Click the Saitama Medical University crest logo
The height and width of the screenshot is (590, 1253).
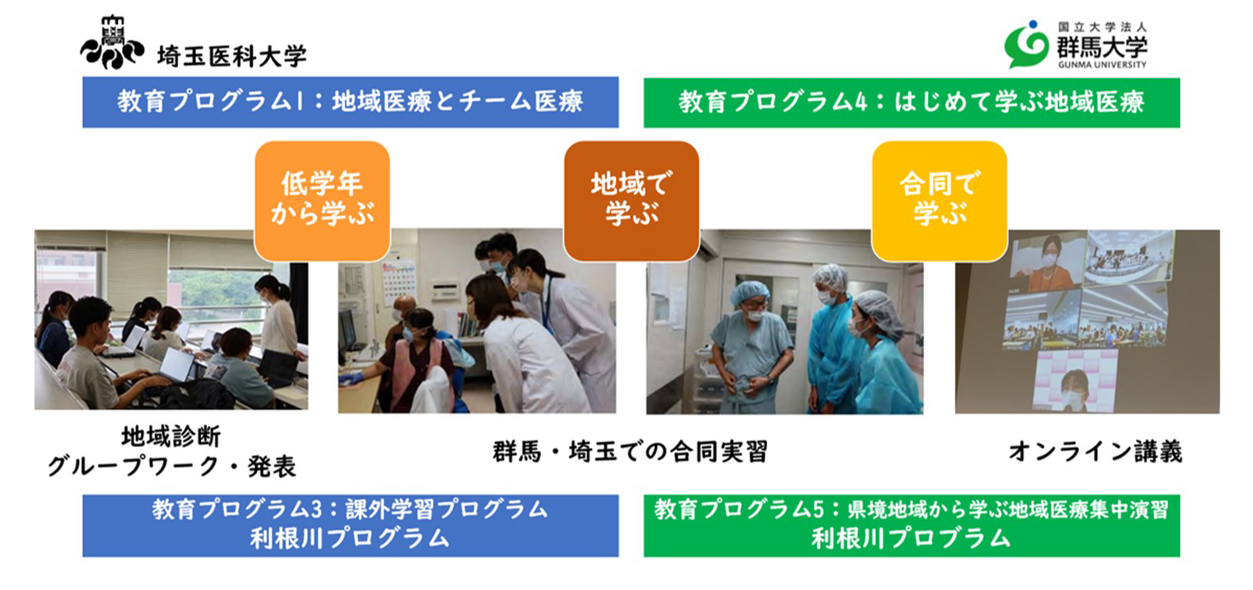[112, 42]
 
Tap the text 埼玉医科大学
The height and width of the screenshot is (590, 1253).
[232, 56]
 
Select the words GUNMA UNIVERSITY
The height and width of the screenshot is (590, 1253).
[1102, 65]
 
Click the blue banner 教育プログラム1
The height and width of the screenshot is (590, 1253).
[350, 102]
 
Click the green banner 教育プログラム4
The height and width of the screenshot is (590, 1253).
[912, 103]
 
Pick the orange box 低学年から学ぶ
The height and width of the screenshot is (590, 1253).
[323, 201]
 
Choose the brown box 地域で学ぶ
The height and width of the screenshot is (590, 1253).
[631, 201]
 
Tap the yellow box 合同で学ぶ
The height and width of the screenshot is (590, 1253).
[939, 201]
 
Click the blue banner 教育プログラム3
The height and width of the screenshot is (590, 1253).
[350, 526]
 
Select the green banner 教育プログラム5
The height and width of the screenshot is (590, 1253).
[912, 526]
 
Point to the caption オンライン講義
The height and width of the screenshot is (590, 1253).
[1095, 452]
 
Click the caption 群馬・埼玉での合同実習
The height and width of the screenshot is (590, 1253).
[631, 452]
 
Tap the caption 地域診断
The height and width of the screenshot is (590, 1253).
[171, 436]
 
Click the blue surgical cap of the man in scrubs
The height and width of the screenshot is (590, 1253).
[750, 292]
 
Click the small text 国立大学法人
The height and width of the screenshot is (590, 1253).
[1102, 27]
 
